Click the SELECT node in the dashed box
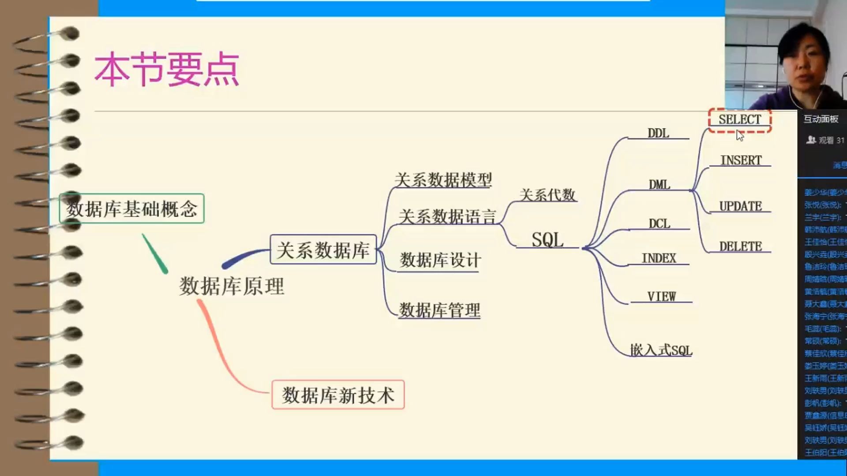pyautogui.click(x=740, y=120)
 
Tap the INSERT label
pyautogui.click(x=741, y=160)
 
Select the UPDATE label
pyautogui.click(x=741, y=206)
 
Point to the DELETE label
pyautogui.click(x=741, y=246)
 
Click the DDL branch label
pyautogui.click(x=658, y=133)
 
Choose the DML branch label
pyautogui.click(x=660, y=185)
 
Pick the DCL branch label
pyautogui.click(x=660, y=224)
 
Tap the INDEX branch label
pyautogui.click(x=659, y=258)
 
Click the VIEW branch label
pyautogui.click(x=661, y=297)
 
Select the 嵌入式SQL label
pyautogui.click(x=661, y=350)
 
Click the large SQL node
pyautogui.click(x=547, y=240)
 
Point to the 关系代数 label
pyautogui.click(x=547, y=195)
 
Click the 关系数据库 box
pyautogui.click(x=323, y=250)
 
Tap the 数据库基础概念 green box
pyautogui.click(x=132, y=209)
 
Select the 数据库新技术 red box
pyautogui.click(x=338, y=395)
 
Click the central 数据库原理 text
pyautogui.click(x=232, y=286)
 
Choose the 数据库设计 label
pyautogui.click(x=440, y=260)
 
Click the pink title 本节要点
pyautogui.click(x=167, y=69)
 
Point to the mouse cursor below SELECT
pyautogui.click(x=740, y=136)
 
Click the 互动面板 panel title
pyautogui.click(x=821, y=119)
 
